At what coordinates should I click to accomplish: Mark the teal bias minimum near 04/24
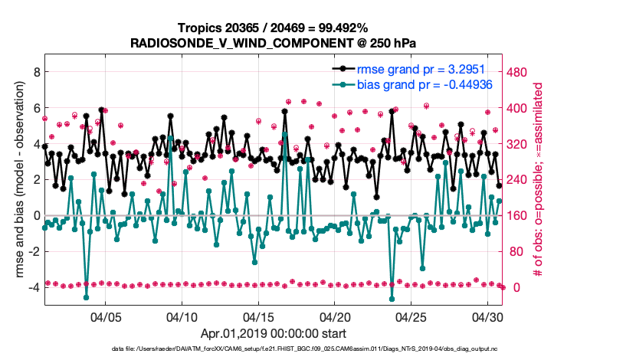click(392, 299)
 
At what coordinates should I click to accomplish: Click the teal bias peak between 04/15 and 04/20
click(285, 133)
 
